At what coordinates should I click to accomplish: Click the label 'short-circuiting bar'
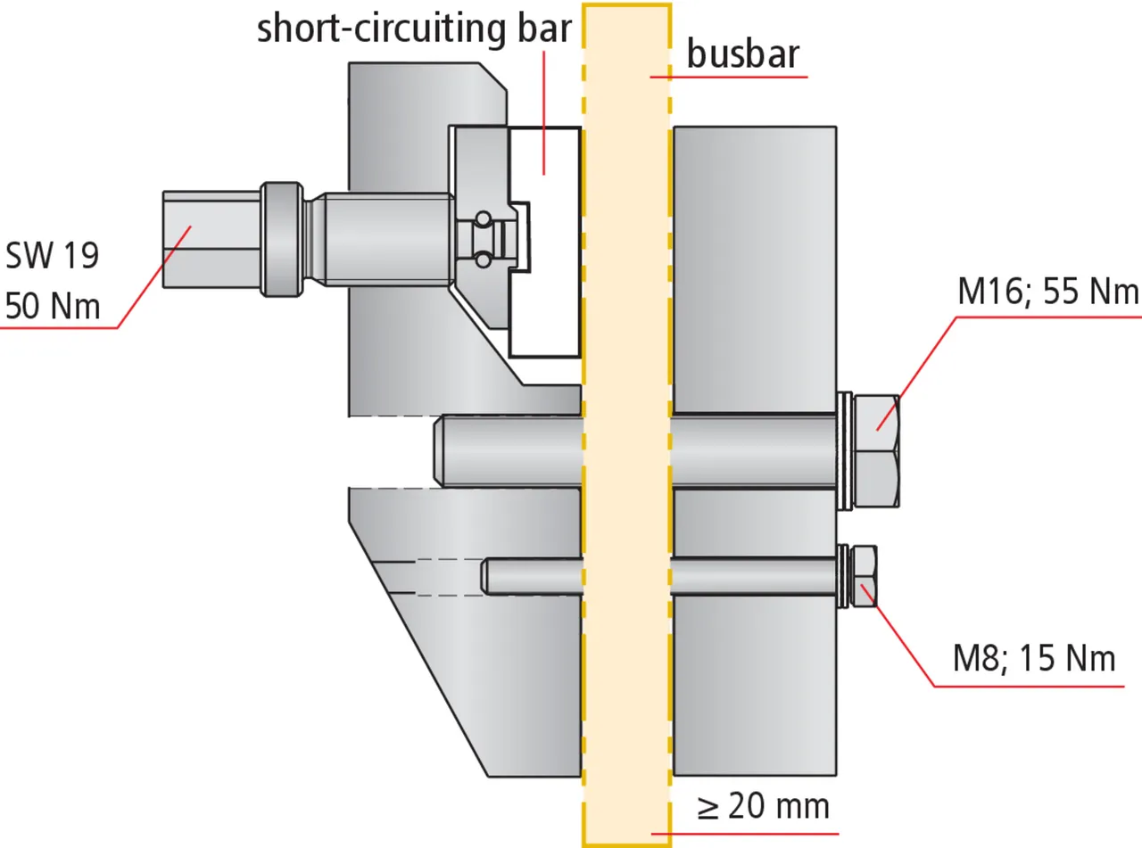(412, 29)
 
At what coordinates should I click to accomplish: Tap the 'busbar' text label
(742, 55)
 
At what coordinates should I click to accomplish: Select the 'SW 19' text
(52, 256)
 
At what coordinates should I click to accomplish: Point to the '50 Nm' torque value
(52, 307)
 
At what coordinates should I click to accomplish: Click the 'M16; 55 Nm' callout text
(1048, 292)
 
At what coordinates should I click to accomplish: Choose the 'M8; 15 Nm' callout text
(1034, 659)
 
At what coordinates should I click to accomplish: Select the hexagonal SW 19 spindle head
(211, 239)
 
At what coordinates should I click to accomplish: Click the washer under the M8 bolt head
(844, 576)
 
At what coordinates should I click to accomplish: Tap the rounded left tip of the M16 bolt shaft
(440, 451)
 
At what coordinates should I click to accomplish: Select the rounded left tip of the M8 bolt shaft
(487, 575)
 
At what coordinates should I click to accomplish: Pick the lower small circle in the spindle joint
(482, 259)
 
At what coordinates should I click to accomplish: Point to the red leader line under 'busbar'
(728, 78)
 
